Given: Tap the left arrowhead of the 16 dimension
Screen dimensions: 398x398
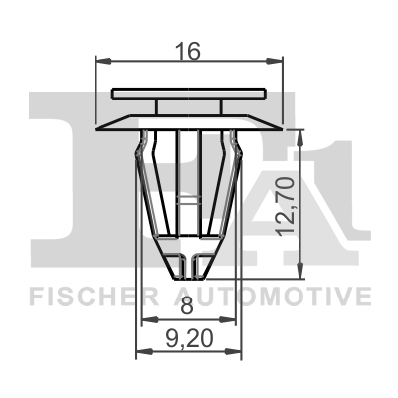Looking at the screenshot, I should pyautogui.click(x=100, y=62).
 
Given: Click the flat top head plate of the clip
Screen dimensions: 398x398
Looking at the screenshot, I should pyautogui.click(x=189, y=94).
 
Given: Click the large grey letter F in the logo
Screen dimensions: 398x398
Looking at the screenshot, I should pyautogui.click(x=60, y=169).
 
